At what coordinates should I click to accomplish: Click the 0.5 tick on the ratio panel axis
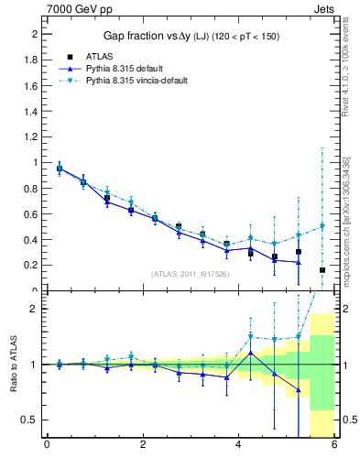[x=29, y=420]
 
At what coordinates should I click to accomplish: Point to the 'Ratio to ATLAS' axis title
[x=12, y=365]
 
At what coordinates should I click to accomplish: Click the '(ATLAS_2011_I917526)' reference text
[x=189, y=275]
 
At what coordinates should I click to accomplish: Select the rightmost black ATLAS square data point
[x=322, y=270]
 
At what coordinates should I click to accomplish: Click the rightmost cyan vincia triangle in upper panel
[x=322, y=226]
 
